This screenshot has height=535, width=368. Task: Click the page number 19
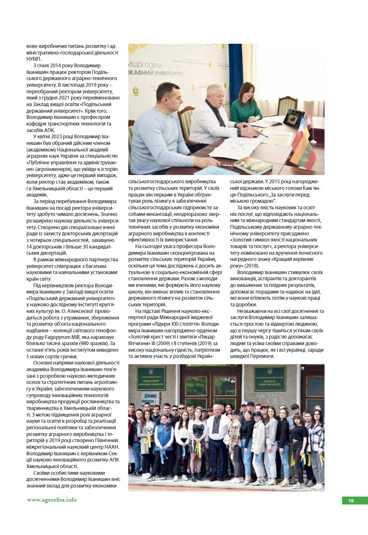(x=351, y=501)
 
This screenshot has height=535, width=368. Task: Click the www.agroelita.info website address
(x=52, y=499)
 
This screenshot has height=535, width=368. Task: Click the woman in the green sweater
(x=246, y=103)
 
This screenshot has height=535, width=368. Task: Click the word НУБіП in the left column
(x=34, y=59)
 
